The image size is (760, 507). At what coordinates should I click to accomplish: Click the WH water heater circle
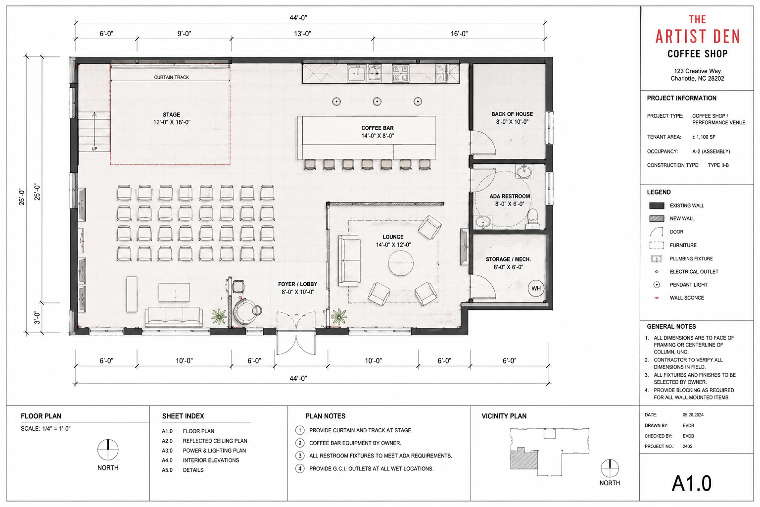point(536,288)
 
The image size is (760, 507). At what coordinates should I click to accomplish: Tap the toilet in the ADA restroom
point(533,218)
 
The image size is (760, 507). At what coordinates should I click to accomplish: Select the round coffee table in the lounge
point(401,263)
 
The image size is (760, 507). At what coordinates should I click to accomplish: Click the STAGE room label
point(171,115)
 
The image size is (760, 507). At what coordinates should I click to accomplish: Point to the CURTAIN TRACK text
point(171,77)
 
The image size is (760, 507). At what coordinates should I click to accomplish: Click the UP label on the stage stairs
point(95,149)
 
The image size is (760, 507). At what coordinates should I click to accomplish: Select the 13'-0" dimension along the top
point(302,34)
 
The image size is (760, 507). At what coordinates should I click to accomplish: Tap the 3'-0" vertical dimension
point(37,317)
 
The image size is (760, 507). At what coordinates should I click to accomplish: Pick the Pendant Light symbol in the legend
point(657,285)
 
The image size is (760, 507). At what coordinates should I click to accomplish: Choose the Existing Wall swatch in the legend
point(657,205)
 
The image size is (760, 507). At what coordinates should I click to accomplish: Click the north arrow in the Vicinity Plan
point(610,468)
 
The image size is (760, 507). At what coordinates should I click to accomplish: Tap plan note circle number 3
point(299,456)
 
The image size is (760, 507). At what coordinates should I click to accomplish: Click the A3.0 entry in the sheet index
point(167,451)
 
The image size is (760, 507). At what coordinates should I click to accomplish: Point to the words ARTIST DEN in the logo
point(697,37)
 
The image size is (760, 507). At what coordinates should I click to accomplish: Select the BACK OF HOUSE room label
point(512,114)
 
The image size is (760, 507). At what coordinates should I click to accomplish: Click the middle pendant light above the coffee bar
point(377,101)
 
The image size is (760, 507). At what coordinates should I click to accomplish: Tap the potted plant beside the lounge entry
point(339,316)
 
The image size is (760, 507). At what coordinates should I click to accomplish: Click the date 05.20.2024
point(693,414)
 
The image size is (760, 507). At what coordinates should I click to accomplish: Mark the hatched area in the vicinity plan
point(523,458)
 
